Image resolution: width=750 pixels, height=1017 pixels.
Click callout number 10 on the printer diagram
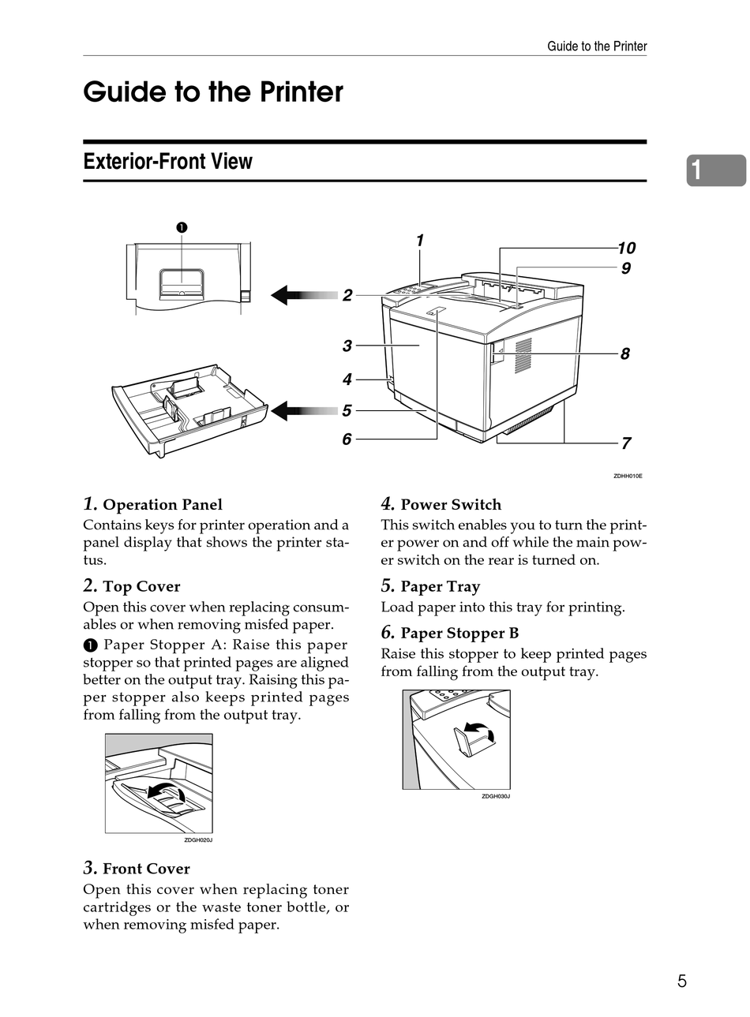point(626,248)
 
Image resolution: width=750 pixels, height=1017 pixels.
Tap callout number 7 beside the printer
point(625,443)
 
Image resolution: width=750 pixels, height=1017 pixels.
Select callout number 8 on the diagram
point(624,353)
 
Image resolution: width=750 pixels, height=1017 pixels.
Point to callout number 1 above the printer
point(420,241)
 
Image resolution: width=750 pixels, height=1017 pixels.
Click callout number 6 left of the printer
point(347,439)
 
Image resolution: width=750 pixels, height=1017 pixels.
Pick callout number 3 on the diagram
point(347,346)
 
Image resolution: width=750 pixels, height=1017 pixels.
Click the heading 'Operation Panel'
point(163,505)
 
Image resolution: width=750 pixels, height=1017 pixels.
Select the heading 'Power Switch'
point(451,505)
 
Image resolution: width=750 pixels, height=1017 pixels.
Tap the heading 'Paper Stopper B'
point(459,634)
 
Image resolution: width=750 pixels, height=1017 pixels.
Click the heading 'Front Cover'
point(146,869)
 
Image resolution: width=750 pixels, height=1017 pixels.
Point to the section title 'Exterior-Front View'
point(167,162)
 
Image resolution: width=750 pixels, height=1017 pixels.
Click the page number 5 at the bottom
point(681,981)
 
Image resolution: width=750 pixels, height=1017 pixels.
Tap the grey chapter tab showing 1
point(714,170)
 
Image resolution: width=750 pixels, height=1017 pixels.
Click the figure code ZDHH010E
point(628,477)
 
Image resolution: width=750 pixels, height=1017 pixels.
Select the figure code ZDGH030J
point(496,796)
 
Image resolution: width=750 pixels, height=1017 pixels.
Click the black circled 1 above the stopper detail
point(182,228)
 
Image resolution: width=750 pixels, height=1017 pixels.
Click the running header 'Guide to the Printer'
point(597,47)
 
